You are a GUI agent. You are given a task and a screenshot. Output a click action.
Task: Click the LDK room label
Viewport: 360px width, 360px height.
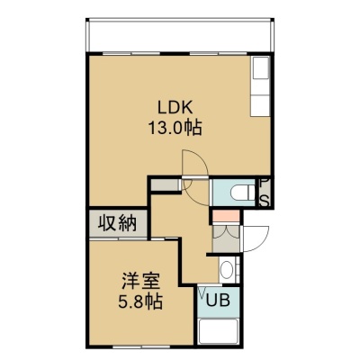click(x=175, y=108)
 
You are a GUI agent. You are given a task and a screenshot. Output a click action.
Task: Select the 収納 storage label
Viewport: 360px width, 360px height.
click(x=118, y=223)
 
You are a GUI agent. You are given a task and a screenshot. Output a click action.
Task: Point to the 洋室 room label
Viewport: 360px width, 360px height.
click(x=141, y=281)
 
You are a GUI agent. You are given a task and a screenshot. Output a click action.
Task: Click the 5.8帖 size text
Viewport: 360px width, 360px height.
click(x=140, y=301)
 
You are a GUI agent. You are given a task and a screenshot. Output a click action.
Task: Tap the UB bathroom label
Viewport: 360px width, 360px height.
click(x=218, y=300)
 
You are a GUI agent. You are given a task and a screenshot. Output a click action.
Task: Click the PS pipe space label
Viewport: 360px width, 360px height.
click(x=265, y=193)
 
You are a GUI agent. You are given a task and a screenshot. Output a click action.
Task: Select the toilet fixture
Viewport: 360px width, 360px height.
click(x=243, y=193)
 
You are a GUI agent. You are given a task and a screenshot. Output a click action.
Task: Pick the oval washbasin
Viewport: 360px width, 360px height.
click(x=227, y=270)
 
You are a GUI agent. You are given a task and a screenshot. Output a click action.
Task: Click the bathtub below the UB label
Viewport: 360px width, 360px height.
click(x=219, y=330)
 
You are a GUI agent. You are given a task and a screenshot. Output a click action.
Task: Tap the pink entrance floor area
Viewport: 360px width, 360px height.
click(x=226, y=216)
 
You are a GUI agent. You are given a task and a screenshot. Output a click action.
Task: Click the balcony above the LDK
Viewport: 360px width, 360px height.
click(x=180, y=36)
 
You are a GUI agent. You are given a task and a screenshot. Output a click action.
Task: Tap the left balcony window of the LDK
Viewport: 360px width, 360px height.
click(x=131, y=54)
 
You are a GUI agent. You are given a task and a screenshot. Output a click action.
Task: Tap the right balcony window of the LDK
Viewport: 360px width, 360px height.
click(x=219, y=54)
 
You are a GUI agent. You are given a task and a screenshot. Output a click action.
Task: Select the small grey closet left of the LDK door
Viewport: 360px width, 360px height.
click(x=165, y=184)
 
